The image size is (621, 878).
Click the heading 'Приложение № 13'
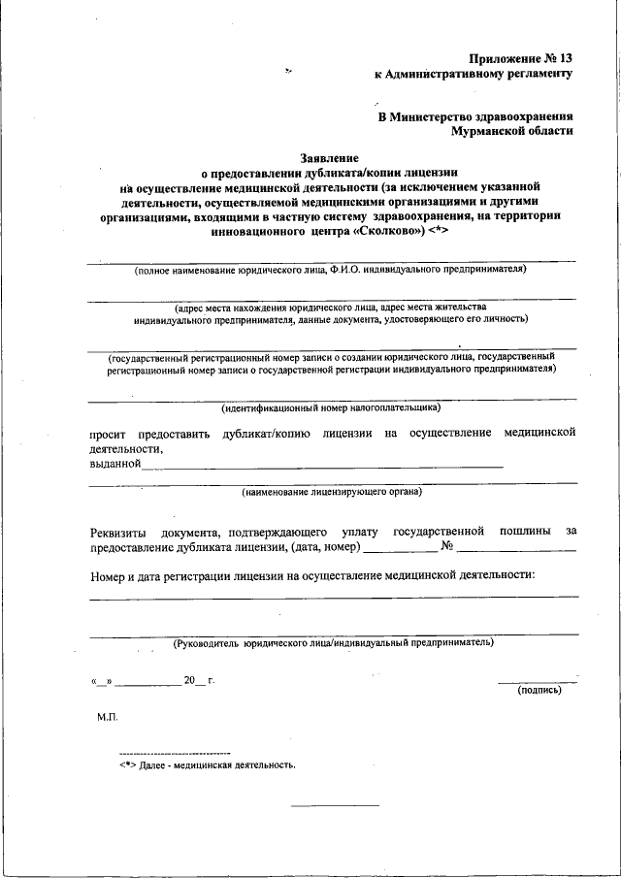pos(521,59)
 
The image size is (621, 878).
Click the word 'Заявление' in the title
pos(329,156)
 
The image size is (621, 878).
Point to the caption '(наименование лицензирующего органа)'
pos(332,492)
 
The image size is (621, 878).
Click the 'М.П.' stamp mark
pos(107,717)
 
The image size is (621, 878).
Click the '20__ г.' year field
pos(198,679)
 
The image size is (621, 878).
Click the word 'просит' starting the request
pos(108,433)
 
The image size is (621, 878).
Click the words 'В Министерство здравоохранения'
pos(475,115)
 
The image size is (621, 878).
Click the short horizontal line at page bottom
pos(335,804)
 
